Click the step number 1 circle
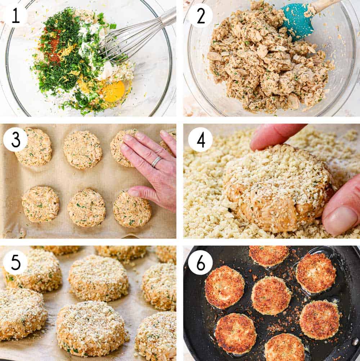(x=15, y=15)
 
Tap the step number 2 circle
(x=200, y=15)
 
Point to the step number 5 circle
(x=15, y=262)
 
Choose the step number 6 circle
(x=200, y=262)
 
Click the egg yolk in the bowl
(x=114, y=91)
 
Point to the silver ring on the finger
(x=156, y=162)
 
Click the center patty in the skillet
(x=271, y=295)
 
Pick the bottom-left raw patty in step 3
(x=40, y=204)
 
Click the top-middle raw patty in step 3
(x=82, y=150)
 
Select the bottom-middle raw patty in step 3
(x=86, y=207)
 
